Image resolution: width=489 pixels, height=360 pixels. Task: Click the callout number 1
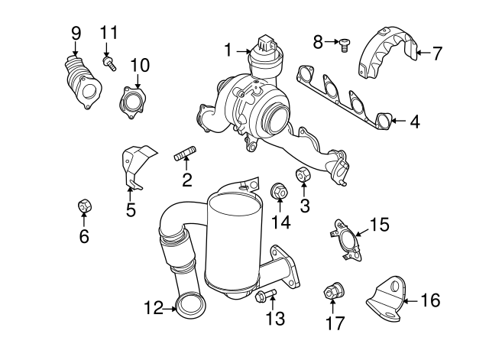pos(227,50)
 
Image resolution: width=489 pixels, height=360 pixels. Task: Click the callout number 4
pos(414,121)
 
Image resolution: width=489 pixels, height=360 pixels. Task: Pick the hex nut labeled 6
pos(84,207)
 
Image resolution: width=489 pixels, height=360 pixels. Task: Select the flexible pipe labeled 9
pos(82,84)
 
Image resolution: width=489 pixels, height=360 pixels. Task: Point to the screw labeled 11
pos(108,63)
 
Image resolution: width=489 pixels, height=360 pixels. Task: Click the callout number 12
pos(154,309)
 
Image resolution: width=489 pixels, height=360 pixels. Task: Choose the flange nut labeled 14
pos(278,193)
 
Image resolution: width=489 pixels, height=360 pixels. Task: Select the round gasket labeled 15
pos(348,240)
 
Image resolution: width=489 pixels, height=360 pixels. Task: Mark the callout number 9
pos(76,33)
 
